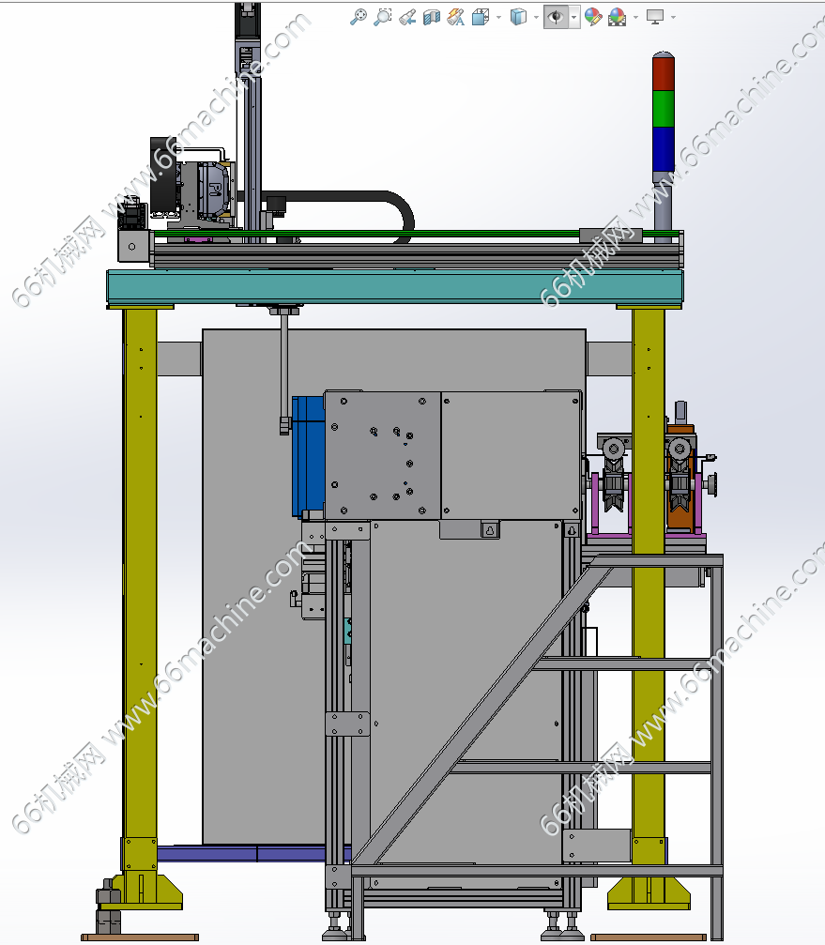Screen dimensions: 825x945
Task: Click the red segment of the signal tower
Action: tap(663, 72)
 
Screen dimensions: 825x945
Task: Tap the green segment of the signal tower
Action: tap(663, 109)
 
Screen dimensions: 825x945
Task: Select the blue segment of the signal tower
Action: tap(663, 149)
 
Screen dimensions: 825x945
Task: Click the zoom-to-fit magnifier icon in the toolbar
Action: tap(358, 17)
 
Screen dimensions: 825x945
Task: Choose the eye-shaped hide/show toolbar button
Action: tap(556, 17)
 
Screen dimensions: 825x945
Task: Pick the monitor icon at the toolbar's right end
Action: tap(654, 17)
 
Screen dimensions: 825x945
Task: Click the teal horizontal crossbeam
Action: tap(395, 286)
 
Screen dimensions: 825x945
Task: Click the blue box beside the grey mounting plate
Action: tap(308, 456)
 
